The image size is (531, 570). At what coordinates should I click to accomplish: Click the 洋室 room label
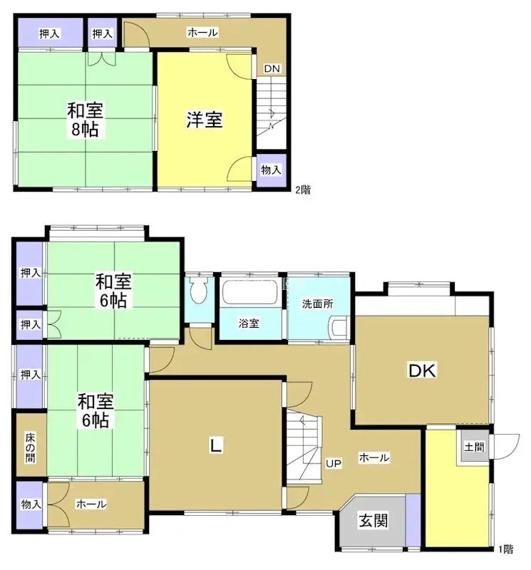coord(205,120)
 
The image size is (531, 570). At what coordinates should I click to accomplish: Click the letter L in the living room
coord(215,446)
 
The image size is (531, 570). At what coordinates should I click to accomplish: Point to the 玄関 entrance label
coord(373,521)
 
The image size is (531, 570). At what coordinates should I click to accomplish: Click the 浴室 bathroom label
coord(249,323)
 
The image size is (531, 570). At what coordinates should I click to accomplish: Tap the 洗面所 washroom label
coord(317,304)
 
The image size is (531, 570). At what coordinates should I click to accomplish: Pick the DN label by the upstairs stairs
coord(272,68)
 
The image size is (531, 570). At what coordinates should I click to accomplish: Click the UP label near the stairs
coord(334,464)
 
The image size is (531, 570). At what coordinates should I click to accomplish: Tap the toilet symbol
coord(199,291)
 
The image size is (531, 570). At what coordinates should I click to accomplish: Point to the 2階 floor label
coord(303,190)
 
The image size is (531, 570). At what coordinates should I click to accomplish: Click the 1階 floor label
coord(506,549)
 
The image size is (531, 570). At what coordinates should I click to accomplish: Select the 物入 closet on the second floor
coord(271,170)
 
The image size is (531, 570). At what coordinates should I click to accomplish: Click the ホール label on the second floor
coord(202,32)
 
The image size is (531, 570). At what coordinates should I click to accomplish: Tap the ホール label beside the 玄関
coord(374,457)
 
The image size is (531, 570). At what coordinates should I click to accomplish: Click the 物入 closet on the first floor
coord(30,504)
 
